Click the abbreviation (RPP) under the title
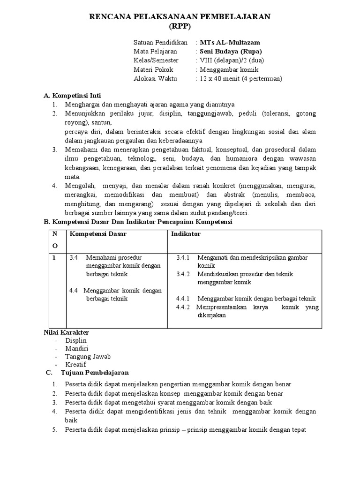click(x=180, y=26)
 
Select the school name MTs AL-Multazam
click(x=227, y=42)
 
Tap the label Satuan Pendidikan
click(x=160, y=42)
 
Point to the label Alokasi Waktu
click(x=155, y=79)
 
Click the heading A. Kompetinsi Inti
click(x=72, y=95)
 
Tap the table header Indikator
click(x=186, y=234)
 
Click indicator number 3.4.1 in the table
click(x=183, y=258)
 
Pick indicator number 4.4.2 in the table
click(x=183, y=307)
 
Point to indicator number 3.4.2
click(x=183, y=274)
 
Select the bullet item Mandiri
click(x=76, y=348)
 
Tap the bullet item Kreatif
click(x=76, y=364)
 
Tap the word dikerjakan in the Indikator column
click(x=211, y=315)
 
